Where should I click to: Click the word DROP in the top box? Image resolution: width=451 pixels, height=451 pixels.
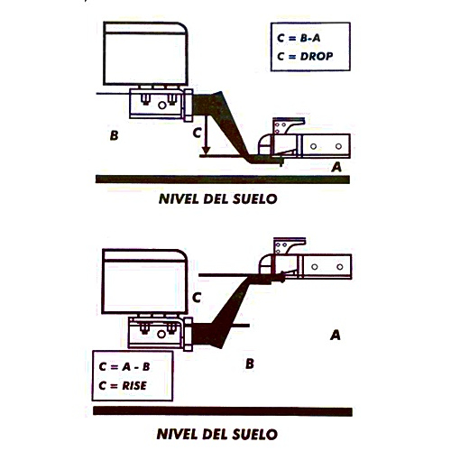tap(317, 56)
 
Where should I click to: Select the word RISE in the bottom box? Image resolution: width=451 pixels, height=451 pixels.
tap(134, 385)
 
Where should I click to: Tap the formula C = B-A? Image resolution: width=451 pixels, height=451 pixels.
tap(299, 38)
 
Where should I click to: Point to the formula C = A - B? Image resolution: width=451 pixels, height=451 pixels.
tap(124, 367)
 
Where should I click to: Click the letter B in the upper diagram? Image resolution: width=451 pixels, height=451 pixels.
tap(114, 135)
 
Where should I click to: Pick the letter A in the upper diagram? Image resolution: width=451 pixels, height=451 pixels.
tap(336, 167)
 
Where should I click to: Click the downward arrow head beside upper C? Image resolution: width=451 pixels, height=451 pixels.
tap(206, 150)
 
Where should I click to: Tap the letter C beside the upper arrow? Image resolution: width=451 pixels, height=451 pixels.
tap(197, 133)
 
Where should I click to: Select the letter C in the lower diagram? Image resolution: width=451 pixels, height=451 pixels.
tap(197, 298)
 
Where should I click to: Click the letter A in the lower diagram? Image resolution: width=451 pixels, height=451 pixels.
tap(336, 335)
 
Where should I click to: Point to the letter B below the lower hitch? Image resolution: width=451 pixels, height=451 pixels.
tap(250, 364)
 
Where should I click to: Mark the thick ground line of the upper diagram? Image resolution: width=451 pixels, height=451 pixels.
tap(223, 179)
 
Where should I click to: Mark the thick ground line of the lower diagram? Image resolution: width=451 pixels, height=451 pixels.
tap(223, 411)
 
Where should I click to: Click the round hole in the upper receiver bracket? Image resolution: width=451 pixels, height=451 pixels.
tap(162, 106)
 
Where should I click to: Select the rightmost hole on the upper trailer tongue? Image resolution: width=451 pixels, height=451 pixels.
tap(338, 146)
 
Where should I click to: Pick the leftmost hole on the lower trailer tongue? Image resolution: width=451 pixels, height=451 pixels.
tap(315, 267)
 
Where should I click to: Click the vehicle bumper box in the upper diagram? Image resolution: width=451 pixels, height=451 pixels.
tap(145, 53)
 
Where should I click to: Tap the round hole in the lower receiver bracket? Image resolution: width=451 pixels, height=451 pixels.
tap(161, 334)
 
